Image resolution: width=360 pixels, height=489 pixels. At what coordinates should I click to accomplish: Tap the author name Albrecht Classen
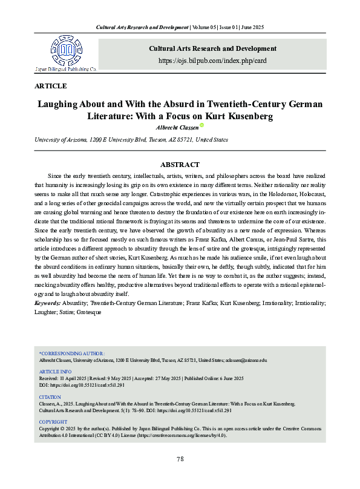(x=176, y=127)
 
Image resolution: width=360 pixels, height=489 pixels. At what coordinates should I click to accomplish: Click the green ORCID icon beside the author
(x=202, y=126)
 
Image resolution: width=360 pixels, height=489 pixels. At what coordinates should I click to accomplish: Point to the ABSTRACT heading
(x=180, y=164)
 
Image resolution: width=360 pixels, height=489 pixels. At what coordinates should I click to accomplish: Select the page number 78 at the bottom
(x=180, y=459)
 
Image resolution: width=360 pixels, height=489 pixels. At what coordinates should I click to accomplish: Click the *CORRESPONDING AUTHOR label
(x=72, y=353)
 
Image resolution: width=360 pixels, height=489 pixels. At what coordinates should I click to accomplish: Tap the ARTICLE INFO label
(x=55, y=372)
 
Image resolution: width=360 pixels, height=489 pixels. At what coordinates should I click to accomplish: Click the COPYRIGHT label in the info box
(x=53, y=421)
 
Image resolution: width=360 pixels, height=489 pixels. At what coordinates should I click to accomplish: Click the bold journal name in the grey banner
(x=212, y=48)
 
